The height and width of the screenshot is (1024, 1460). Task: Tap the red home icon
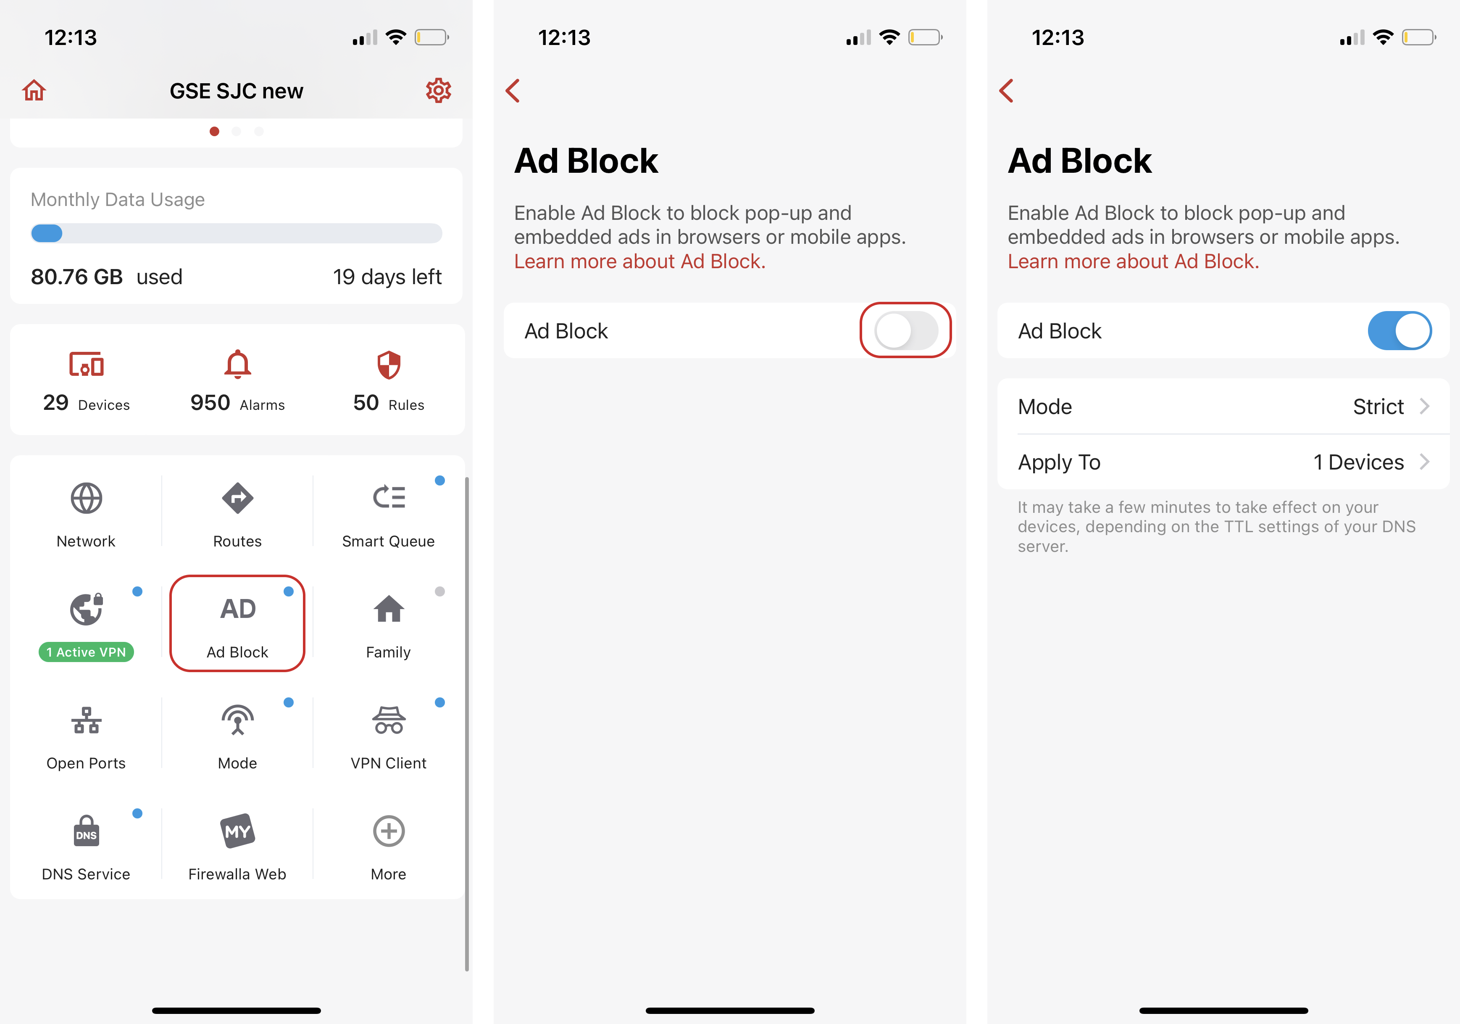pos(34,90)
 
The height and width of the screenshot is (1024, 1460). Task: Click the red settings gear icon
pos(438,90)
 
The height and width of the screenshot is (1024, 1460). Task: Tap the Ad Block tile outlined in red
pos(237,623)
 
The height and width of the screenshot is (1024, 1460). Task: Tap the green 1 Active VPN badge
pos(87,652)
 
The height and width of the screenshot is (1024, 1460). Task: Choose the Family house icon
pos(389,609)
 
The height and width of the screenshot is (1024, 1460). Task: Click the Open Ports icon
pos(87,720)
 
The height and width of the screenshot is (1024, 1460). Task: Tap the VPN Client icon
pos(389,720)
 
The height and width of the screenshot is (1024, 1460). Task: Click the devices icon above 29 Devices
pos(87,364)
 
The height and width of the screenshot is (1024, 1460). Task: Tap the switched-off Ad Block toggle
pos(905,331)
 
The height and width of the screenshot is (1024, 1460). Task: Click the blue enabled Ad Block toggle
pos(1399,331)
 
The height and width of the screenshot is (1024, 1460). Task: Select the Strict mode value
pos(1378,407)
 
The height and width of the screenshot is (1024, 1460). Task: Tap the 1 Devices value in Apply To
pos(1358,462)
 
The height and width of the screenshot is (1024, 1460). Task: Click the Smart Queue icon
pos(389,497)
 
